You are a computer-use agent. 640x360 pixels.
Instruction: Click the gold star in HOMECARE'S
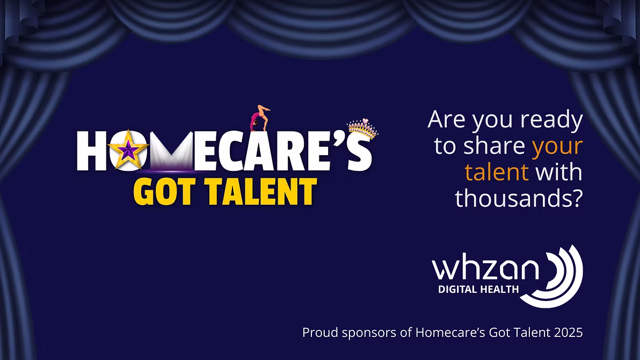(x=128, y=150)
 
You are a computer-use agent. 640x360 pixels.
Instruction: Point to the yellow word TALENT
(x=258, y=191)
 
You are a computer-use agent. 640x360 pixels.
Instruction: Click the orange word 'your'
(x=557, y=146)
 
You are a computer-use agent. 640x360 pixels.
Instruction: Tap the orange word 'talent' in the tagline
(x=497, y=172)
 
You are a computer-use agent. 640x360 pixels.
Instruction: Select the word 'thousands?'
(x=519, y=198)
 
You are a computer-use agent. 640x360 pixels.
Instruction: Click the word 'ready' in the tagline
(x=553, y=120)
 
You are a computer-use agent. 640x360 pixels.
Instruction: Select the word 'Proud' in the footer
(x=317, y=333)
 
